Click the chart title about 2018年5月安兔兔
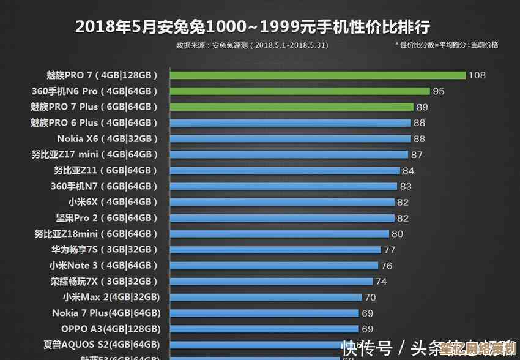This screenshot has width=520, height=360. (253, 27)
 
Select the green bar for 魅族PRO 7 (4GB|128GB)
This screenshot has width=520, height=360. (318, 75)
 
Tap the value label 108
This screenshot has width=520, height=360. (477, 75)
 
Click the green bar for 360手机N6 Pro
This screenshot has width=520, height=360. (300, 91)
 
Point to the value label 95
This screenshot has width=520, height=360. (439, 91)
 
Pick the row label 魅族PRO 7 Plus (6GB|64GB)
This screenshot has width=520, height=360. (94, 107)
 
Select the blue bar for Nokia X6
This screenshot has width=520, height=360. (290, 139)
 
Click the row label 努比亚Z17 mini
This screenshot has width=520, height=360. (95, 154)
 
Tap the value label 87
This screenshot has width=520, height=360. (417, 155)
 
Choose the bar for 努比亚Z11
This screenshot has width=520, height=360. (284, 171)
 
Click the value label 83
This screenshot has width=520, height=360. (406, 186)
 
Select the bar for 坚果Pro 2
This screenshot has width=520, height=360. (282, 218)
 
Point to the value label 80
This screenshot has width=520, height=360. (398, 234)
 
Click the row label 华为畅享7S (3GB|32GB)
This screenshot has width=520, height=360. (104, 250)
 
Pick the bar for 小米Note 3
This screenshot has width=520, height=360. (273, 266)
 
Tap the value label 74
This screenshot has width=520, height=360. (381, 282)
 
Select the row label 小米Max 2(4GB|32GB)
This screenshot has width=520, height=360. (111, 297)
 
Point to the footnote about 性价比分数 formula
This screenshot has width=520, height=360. (447, 45)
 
